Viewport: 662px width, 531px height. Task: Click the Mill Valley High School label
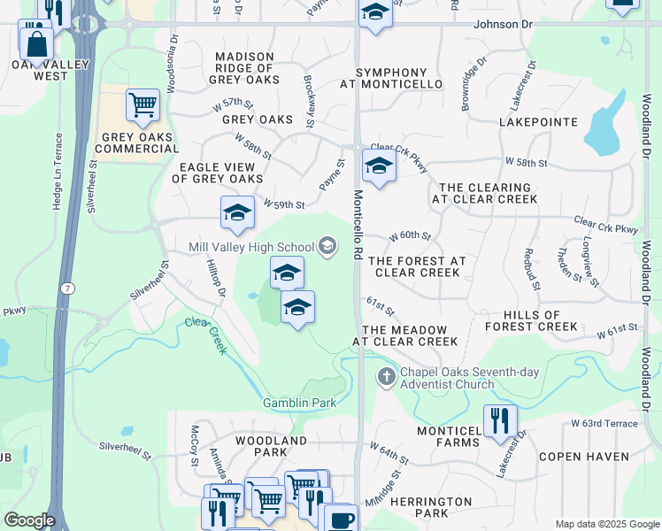click(x=251, y=247)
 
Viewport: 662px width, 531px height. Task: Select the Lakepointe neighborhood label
click(x=538, y=122)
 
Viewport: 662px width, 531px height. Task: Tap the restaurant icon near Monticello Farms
click(x=500, y=421)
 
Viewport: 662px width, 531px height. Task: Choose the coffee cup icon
click(x=341, y=519)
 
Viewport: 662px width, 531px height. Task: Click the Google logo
click(x=28, y=520)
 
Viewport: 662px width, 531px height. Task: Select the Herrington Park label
click(x=431, y=507)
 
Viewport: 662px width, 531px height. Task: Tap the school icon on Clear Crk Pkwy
click(x=379, y=165)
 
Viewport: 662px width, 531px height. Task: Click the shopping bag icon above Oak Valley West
click(x=35, y=41)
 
